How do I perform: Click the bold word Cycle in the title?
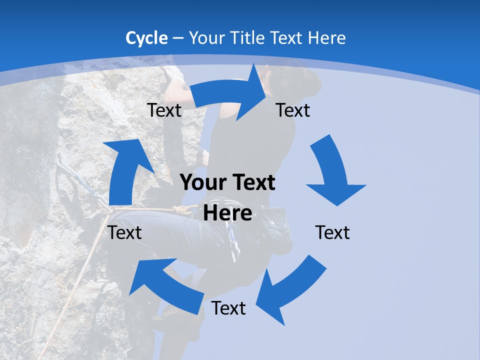pos(146,38)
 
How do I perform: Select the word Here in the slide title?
pos(327,38)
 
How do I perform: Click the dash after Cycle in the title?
pos(178,38)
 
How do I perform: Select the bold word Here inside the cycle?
pos(227,213)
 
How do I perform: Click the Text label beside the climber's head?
pos(293,110)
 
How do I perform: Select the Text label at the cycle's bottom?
pos(228,308)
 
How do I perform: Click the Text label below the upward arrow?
pos(125,232)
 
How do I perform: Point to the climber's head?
pos(295,82)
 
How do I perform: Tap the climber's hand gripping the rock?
pos(174,75)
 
